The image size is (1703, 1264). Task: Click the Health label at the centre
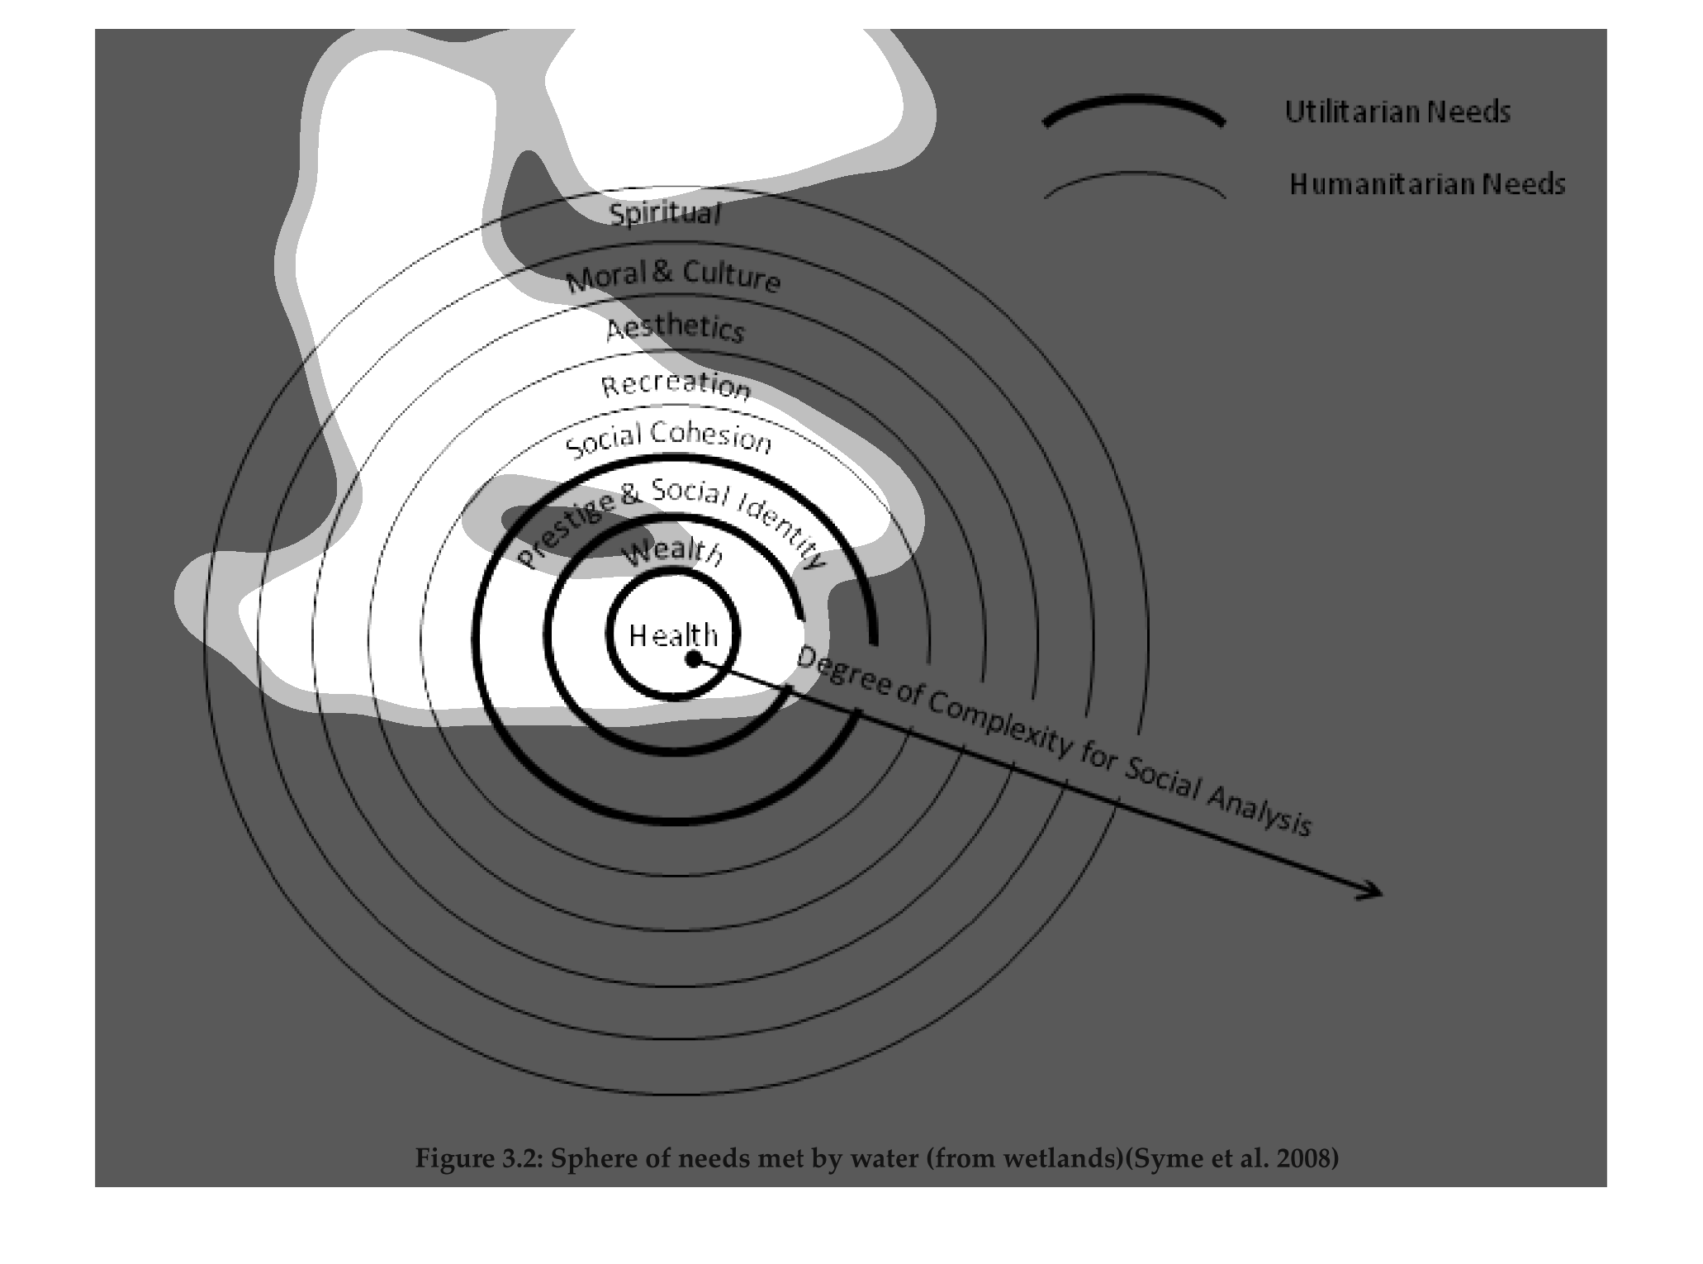tap(673, 634)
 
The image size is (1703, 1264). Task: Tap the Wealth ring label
tap(672, 553)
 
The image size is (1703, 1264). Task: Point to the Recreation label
tap(676, 386)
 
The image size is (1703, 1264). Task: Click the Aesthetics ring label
tap(676, 328)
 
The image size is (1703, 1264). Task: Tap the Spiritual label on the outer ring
tap(665, 214)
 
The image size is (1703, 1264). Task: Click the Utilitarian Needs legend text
tap(1397, 112)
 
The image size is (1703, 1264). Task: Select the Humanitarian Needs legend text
tap(1427, 183)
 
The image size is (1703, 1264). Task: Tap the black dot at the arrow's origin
tap(694, 658)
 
